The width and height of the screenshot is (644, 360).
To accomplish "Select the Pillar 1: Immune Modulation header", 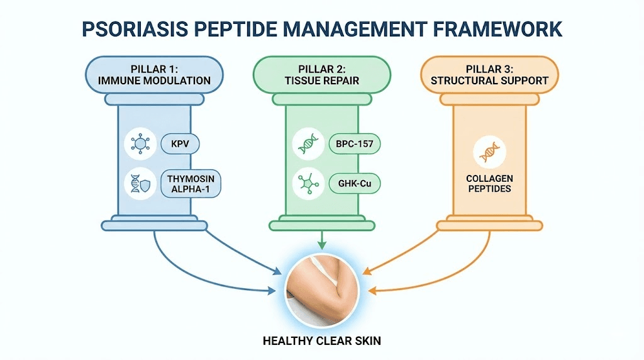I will [154, 74].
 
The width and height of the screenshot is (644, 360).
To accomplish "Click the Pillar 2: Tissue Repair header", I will [321, 74].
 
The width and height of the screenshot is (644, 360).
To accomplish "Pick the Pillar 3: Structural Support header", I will [489, 74].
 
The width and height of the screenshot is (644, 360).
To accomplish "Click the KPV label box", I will [180, 143].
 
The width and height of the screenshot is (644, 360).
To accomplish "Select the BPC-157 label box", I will [355, 143].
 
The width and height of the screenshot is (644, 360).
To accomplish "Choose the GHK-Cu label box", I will [354, 183].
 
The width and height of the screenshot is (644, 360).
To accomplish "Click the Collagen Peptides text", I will [489, 183].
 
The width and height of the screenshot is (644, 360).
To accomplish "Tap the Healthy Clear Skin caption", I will [322, 340].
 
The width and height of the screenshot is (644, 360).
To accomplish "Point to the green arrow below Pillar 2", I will [322, 240].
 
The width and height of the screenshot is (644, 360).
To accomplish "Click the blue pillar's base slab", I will [154, 224].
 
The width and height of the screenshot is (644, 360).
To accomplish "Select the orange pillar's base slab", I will [489, 224].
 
